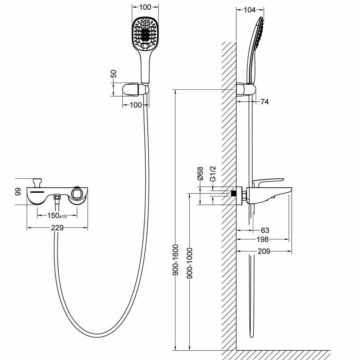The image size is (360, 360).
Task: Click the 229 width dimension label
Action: click(57, 228)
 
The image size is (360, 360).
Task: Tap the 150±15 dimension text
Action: click(57, 216)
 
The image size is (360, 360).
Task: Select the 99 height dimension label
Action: click(18, 192)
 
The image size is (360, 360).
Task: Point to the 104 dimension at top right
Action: click(249, 10)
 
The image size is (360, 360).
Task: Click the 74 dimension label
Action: click(264, 102)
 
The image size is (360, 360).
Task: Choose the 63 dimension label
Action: click(265, 230)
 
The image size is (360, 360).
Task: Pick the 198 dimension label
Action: click(263, 239)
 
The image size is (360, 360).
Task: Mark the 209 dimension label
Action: click(264, 251)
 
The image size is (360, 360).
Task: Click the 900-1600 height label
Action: click(176, 260)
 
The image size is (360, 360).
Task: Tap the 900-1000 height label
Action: click(190, 263)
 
